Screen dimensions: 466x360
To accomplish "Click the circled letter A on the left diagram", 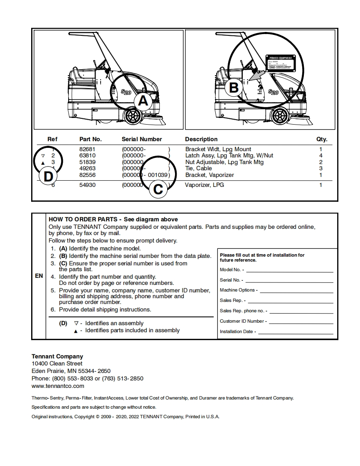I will click(x=143, y=101).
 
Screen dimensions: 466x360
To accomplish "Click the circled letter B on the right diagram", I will click(x=234, y=88).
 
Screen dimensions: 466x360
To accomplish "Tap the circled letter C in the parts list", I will click(x=158, y=189).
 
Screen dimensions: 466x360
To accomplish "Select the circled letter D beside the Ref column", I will click(x=48, y=177).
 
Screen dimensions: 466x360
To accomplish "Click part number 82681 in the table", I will click(x=87, y=149).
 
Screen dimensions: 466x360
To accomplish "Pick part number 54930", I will click(x=87, y=185).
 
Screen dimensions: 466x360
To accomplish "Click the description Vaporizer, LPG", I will click(x=204, y=185).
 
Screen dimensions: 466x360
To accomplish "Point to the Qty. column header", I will click(x=322, y=139).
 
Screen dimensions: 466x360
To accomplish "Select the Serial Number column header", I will click(x=142, y=139).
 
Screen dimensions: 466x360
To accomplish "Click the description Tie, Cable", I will click(x=198, y=168).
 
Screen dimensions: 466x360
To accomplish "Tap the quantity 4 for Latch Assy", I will click(x=321, y=155).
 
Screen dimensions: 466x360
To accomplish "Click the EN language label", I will click(x=39, y=276).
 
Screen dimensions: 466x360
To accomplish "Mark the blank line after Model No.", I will click(x=289, y=271).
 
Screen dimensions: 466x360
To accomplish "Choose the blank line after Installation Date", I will click(x=296, y=333).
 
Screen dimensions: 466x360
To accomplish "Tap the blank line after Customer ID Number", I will click(x=301, y=323).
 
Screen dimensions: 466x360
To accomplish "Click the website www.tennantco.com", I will click(x=58, y=386).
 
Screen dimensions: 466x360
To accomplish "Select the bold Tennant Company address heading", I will click(x=57, y=356).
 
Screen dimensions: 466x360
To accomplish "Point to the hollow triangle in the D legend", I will click(x=76, y=323).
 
